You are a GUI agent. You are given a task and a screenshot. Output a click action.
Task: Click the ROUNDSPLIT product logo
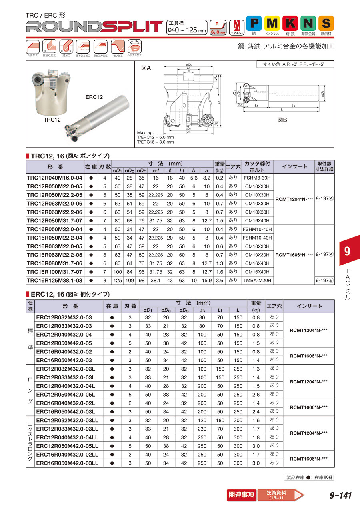pos(94,26)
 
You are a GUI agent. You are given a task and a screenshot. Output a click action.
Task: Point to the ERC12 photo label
pos(94,97)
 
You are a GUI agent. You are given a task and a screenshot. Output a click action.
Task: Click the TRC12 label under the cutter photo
pos(52,120)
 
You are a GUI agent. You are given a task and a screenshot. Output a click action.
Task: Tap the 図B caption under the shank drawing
pos(283,120)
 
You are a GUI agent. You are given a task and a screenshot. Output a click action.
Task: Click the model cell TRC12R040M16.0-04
pos(54,178)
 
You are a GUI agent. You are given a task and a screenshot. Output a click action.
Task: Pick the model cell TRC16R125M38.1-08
pos(54,280)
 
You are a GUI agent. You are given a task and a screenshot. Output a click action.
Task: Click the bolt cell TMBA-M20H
pos(257,280)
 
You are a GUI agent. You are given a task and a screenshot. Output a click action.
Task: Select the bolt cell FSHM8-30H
pos(257,178)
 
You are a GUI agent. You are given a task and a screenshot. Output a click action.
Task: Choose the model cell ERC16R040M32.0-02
pos(64,352)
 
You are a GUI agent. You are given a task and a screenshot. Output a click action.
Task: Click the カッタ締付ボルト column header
pos(257,166)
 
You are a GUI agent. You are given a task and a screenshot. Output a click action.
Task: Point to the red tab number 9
pos(347,252)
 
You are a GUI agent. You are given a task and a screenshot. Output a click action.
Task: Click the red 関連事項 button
pos(241,495)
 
